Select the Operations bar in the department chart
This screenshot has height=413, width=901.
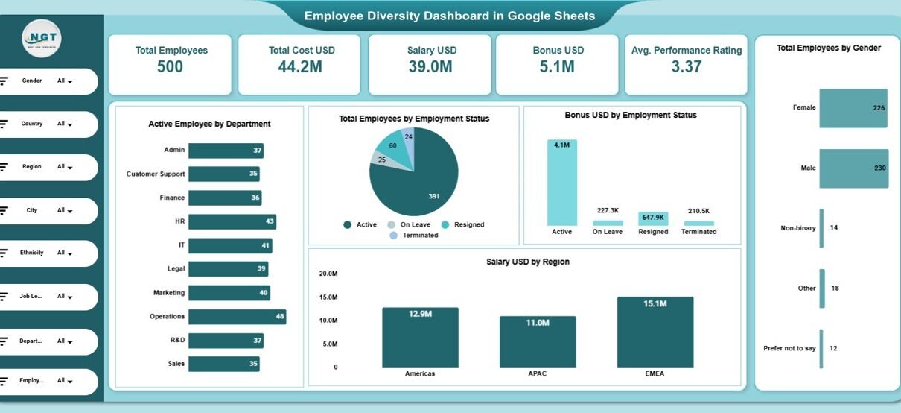click(x=237, y=317)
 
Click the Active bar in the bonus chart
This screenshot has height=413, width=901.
click(x=561, y=183)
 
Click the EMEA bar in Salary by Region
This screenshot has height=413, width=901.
click(x=655, y=332)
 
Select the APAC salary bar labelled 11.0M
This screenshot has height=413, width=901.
click(x=538, y=341)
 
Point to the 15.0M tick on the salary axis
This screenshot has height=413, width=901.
click(x=328, y=297)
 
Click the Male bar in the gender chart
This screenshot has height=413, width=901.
click(x=853, y=168)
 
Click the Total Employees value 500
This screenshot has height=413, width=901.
click(x=171, y=66)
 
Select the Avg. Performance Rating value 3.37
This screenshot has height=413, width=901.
click(x=686, y=66)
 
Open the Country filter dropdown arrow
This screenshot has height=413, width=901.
click(x=70, y=125)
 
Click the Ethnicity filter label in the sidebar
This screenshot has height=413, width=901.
click(x=31, y=253)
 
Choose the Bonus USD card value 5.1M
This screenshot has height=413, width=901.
click(x=558, y=66)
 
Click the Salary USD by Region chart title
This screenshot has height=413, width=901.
click(x=527, y=262)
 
